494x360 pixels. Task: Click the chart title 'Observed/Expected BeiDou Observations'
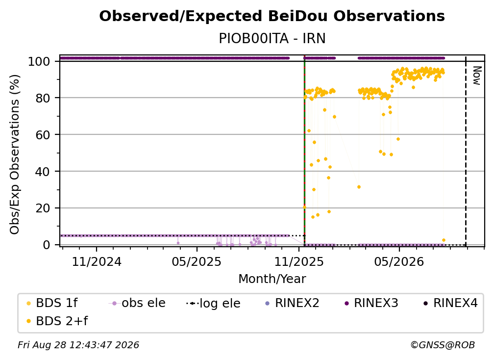(x=272, y=16)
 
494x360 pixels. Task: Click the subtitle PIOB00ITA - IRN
(x=272, y=38)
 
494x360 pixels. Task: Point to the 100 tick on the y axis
(x=39, y=61)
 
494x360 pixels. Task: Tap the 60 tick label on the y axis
(x=43, y=134)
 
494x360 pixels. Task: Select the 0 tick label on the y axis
(x=47, y=245)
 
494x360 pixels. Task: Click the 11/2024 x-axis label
(x=97, y=262)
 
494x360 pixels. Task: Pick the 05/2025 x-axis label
(x=197, y=262)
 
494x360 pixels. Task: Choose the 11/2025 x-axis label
(x=299, y=262)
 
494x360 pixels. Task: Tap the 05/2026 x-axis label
(x=399, y=262)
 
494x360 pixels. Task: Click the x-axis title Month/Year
(x=272, y=279)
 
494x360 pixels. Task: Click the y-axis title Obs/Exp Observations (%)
(x=15, y=154)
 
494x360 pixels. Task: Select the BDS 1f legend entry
(x=52, y=303)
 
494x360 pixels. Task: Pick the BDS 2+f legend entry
(x=57, y=321)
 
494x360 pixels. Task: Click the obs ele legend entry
(x=137, y=303)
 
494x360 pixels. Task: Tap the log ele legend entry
(x=214, y=303)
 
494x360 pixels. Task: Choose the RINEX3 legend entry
(x=371, y=303)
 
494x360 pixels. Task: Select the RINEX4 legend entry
(x=450, y=303)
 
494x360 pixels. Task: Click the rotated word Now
(x=477, y=76)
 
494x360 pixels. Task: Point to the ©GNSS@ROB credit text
(x=443, y=345)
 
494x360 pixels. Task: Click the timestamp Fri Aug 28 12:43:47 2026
(x=78, y=345)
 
